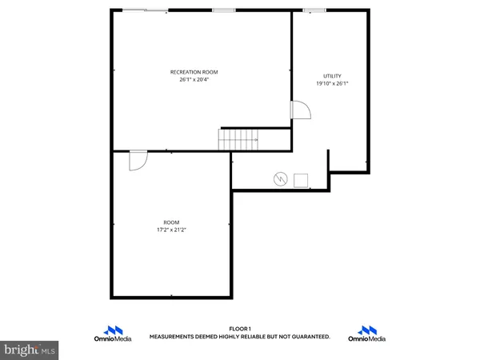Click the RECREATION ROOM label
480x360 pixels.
(x=194, y=72)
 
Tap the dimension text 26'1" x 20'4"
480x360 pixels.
(x=194, y=79)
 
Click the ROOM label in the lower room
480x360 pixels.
(x=171, y=222)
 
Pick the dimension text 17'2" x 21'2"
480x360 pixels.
(x=171, y=230)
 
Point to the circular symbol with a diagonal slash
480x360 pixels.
(x=280, y=178)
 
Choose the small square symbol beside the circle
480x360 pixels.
(x=302, y=179)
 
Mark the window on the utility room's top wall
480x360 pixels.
(x=314, y=10)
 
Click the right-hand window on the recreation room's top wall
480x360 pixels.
(x=224, y=10)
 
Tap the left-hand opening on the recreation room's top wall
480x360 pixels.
(x=145, y=10)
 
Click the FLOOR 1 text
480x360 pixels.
(x=240, y=329)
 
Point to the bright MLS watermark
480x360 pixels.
(x=30, y=350)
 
